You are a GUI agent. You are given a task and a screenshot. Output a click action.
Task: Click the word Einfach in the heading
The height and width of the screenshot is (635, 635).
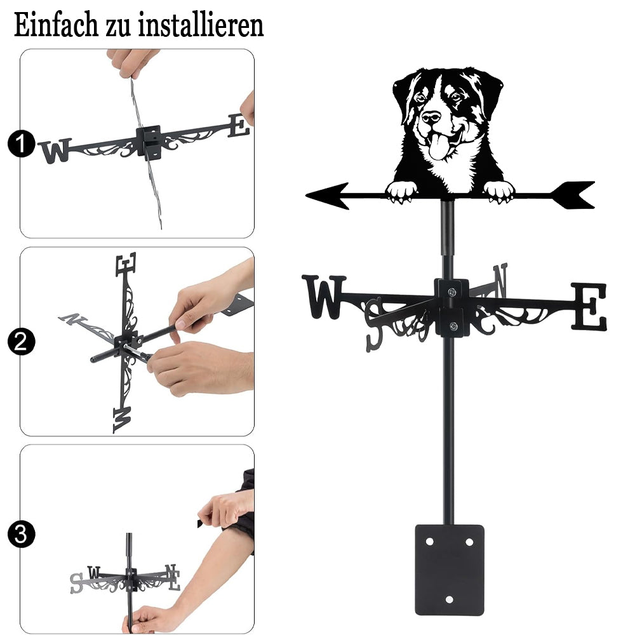(x=56, y=25)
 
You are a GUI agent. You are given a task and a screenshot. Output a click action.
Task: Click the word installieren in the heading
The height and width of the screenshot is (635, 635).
(x=201, y=25)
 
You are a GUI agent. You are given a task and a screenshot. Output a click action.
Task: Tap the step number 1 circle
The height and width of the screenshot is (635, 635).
(x=22, y=144)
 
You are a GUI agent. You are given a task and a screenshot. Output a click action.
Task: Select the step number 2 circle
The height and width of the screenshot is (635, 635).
(x=22, y=342)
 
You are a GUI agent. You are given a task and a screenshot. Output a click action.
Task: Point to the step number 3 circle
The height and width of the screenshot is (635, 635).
(x=22, y=534)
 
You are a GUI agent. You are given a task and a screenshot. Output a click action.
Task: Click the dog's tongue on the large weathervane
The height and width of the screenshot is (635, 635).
(x=438, y=147)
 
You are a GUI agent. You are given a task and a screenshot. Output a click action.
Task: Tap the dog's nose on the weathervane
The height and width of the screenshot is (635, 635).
(x=431, y=117)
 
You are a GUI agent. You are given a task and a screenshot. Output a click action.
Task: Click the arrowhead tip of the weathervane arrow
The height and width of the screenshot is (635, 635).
(x=307, y=196)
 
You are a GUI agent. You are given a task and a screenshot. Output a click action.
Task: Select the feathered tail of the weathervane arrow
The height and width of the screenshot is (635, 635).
(x=573, y=195)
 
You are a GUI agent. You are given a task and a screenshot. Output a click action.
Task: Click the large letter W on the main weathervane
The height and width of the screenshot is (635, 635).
(x=324, y=297)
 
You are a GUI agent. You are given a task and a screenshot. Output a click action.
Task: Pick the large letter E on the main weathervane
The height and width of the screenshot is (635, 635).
(x=589, y=306)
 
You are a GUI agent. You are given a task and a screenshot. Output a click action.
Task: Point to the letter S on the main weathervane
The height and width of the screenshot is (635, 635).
(x=374, y=324)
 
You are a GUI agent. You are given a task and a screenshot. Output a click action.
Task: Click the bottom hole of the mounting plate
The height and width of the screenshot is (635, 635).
(x=449, y=599)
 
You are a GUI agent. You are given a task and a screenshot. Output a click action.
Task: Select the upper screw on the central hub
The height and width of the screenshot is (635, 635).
(x=452, y=291)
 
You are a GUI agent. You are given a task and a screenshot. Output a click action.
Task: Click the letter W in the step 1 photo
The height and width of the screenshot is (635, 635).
(x=57, y=150)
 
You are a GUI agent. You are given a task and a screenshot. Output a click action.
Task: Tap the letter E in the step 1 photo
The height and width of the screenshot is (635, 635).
(x=239, y=126)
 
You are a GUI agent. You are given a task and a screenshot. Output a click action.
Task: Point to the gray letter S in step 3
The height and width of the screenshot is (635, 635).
(x=77, y=583)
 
